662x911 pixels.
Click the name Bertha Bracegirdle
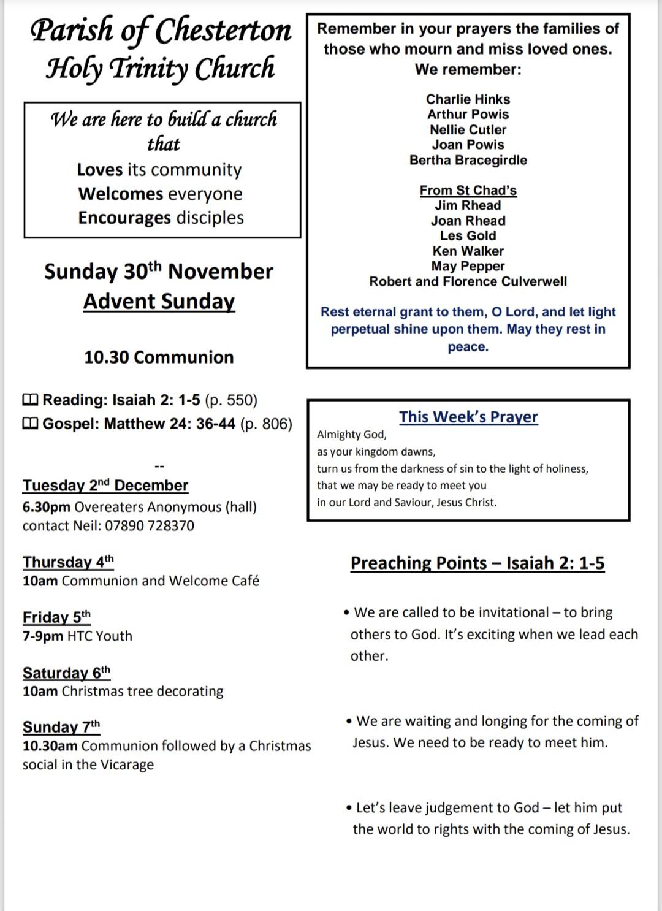[x=468, y=160]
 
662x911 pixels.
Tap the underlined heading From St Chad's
[x=468, y=190]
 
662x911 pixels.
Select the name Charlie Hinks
[x=468, y=99]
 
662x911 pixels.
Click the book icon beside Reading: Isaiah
[x=30, y=400]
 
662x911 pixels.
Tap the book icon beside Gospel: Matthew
[x=30, y=424]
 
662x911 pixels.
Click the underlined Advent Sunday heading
[x=159, y=302]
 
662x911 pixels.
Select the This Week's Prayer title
[x=468, y=417]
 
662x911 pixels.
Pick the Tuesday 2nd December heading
[x=105, y=486]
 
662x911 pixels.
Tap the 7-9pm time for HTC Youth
[x=43, y=636]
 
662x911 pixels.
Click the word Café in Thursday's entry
[x=245, y=581]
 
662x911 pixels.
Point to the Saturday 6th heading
[x=66, y=673]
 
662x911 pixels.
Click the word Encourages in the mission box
[x=124, y=218]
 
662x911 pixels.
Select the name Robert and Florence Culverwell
[x=468, y=281]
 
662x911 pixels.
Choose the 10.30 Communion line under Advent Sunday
[x=159, y=357]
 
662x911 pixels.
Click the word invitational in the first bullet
[x=514, y=612]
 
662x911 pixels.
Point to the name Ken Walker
[x=468, y=251]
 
